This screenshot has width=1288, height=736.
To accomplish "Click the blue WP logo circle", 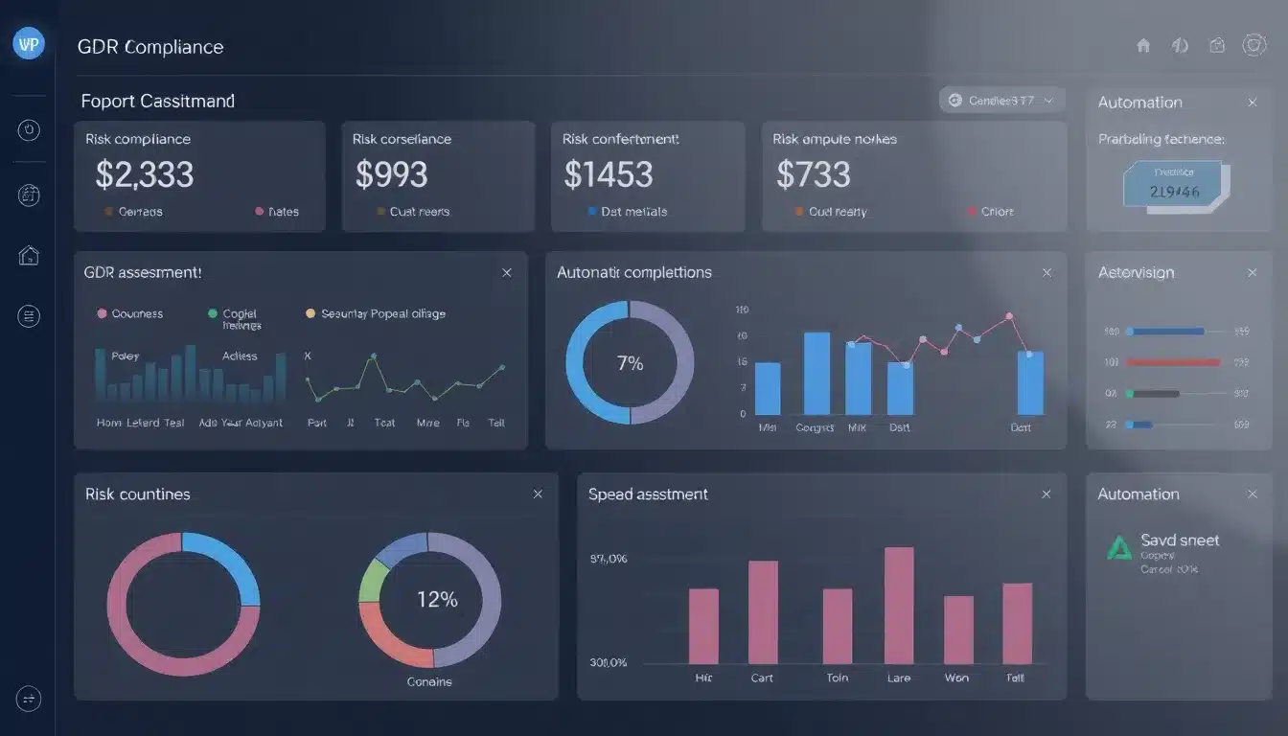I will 29,44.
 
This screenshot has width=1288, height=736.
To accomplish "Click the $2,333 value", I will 145,174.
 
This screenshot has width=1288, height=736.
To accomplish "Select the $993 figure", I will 391,174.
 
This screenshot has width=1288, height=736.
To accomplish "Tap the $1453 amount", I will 609,174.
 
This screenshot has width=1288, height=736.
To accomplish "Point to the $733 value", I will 814,174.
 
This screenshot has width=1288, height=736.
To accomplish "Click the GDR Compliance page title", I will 150,47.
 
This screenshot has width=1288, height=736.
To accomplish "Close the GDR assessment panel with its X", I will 507,273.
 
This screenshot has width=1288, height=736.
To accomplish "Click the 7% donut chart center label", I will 630,363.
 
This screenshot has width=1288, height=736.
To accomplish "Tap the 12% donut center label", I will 437,600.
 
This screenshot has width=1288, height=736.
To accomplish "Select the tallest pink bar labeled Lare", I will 898,605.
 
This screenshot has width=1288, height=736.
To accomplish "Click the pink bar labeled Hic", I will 703,626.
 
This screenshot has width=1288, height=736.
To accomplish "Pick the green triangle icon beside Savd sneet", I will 1118,547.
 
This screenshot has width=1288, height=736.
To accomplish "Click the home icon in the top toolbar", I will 1143,45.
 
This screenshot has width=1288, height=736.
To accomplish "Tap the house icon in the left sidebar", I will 29,255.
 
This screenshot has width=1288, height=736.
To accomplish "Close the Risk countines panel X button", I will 538,494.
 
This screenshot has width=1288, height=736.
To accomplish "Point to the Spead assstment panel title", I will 648,494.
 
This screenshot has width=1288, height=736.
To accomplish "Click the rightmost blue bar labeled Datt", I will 1030,382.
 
